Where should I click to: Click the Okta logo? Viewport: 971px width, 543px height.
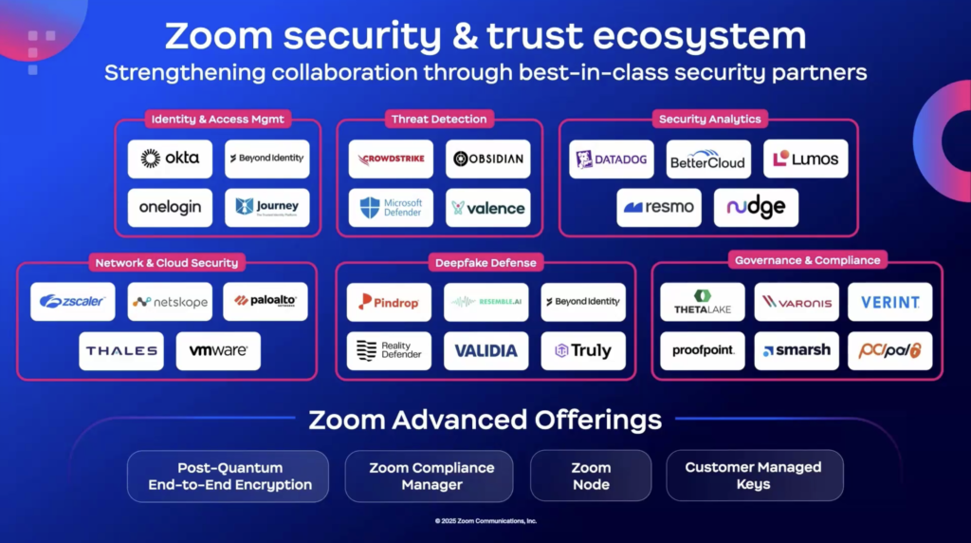click(170, 159)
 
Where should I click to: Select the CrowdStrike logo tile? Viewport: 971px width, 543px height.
click(391, 159)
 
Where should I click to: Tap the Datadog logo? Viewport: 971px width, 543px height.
click(612, 159)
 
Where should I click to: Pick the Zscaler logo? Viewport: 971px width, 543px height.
click(73, 301)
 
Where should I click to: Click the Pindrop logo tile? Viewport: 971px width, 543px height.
click(389, 302)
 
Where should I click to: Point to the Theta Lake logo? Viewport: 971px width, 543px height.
click(703, 302)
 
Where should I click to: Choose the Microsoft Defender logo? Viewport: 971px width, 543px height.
click(391, 208)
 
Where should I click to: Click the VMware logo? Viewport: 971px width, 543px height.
click(218, 350)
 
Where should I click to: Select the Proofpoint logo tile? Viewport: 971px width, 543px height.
click(703, 350)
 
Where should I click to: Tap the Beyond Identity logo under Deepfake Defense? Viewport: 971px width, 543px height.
click(583, 302)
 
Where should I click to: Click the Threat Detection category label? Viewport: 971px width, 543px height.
click(439, 119)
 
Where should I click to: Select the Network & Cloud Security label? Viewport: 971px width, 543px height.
click(166, 262)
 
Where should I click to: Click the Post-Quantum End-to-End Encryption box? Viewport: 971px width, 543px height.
click(229, 476)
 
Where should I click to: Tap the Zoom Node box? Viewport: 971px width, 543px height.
click(591, 476)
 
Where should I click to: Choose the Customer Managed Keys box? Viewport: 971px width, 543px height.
click(754, 476)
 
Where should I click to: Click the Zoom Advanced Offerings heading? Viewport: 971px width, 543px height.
click(485, 420)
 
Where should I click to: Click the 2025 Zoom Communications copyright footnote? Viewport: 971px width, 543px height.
click(485, 521)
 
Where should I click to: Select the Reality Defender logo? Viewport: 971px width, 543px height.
click(389, 350)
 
